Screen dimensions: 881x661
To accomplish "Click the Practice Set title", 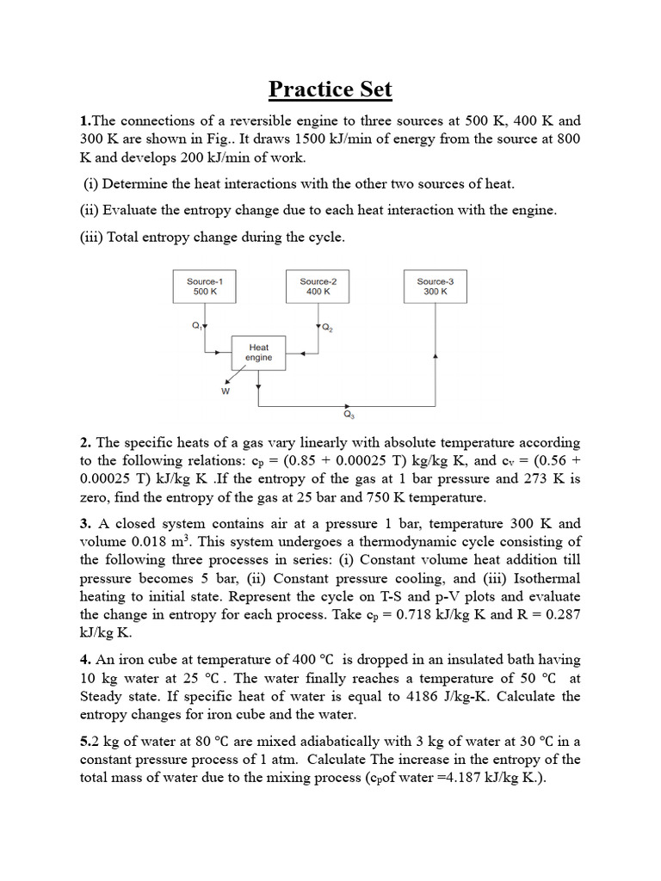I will pyautogui.click(x=330, y=89).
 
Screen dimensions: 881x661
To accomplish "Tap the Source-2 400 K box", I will pyautogui.click(x=318, y=286).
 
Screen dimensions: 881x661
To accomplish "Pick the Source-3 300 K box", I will pyautogui.click(x=436, y=286).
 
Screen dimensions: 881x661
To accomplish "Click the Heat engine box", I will pyautogui.click(x=259, y=353).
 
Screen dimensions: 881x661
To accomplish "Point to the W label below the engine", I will pyautogui.click(x=225, y=391).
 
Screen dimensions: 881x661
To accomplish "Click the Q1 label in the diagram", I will pyautogui.click(x=197, y=325).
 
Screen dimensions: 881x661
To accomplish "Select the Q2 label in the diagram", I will pyautogui.click(x=328, y=328).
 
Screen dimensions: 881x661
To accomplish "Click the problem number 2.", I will pyautogui.click(x=84, y=442).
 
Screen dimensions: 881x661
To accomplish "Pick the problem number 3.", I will pyautogui.click(x=84, y=523).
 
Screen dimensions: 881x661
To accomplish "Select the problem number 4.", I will pyautogui.click(x=84, y=660).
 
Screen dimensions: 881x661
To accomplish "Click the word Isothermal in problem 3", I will pyautogui.click(x=540, y=578).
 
